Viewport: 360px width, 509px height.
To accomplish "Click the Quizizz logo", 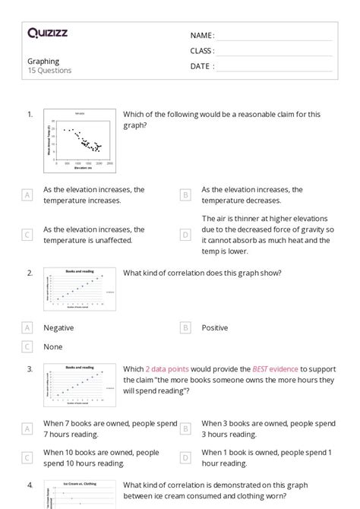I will click(47, 33).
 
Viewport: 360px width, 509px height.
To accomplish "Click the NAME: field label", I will click(202, 36).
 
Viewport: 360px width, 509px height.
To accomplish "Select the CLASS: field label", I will click(202, 51).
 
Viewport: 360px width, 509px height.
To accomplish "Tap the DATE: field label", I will click(202, 66).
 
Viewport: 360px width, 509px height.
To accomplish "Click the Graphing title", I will click(43, 62).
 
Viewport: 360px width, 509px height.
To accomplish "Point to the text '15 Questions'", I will click(49, 71).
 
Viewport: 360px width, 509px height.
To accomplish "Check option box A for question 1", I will click(27, 195).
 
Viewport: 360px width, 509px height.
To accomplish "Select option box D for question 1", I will click(185, 235).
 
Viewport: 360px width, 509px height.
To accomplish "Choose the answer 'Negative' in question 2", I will click(58, 327).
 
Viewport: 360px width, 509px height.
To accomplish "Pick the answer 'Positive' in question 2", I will click(214, 327).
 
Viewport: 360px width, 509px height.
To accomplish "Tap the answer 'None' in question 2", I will click(52, 346).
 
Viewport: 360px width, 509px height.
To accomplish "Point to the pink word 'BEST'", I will click(263, 369).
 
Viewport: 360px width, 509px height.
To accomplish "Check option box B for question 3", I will click(185, 428).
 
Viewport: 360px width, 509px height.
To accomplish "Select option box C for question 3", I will click(27, 457).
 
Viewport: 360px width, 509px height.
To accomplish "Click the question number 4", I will click(30, 485).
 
